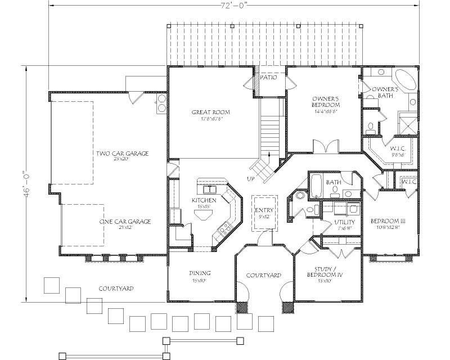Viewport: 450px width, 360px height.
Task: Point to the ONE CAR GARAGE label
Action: click(x=125, y=222)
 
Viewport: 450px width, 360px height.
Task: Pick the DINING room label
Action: click(x=200, y=273)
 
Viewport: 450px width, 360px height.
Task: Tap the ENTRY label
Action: click(x=264, y=210)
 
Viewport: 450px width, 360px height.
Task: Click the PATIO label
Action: click(x=268, y=78)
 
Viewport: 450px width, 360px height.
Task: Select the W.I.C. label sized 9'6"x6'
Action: click(x=398, y=149)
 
